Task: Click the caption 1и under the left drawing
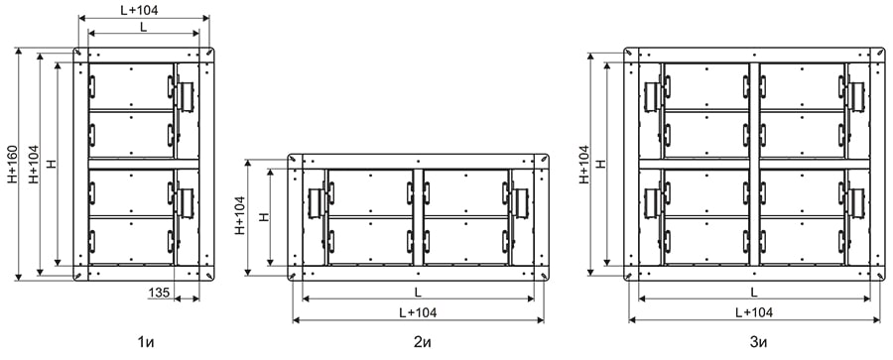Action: pyautogui.click(x=147, y=343)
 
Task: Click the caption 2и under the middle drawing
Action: pyautogui.click(x=419, y=343)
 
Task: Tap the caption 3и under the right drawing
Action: pyautogui.click(x=759, y=343)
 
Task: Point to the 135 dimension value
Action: pyautogui.click(x=159, y=294)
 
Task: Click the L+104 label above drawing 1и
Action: pyautogui.click(x=140, y=10)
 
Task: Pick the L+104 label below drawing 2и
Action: pyautogui.click(x=419, y=312)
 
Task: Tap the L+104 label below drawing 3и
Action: pyautogui.click(x=754, y=312)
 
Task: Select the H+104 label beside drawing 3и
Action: pyautogui.click(x=583, y=164)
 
